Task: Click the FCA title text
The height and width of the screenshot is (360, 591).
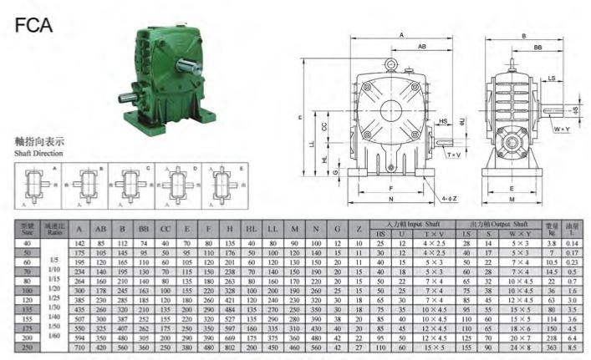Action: [34, 24]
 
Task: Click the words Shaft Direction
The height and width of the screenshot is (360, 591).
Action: [38, 154]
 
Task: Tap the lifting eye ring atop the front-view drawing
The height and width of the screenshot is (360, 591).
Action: [390, 63]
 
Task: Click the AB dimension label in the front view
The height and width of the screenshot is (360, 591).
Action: [424, 48]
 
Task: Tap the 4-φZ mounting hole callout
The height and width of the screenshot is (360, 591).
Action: [449, 200]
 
